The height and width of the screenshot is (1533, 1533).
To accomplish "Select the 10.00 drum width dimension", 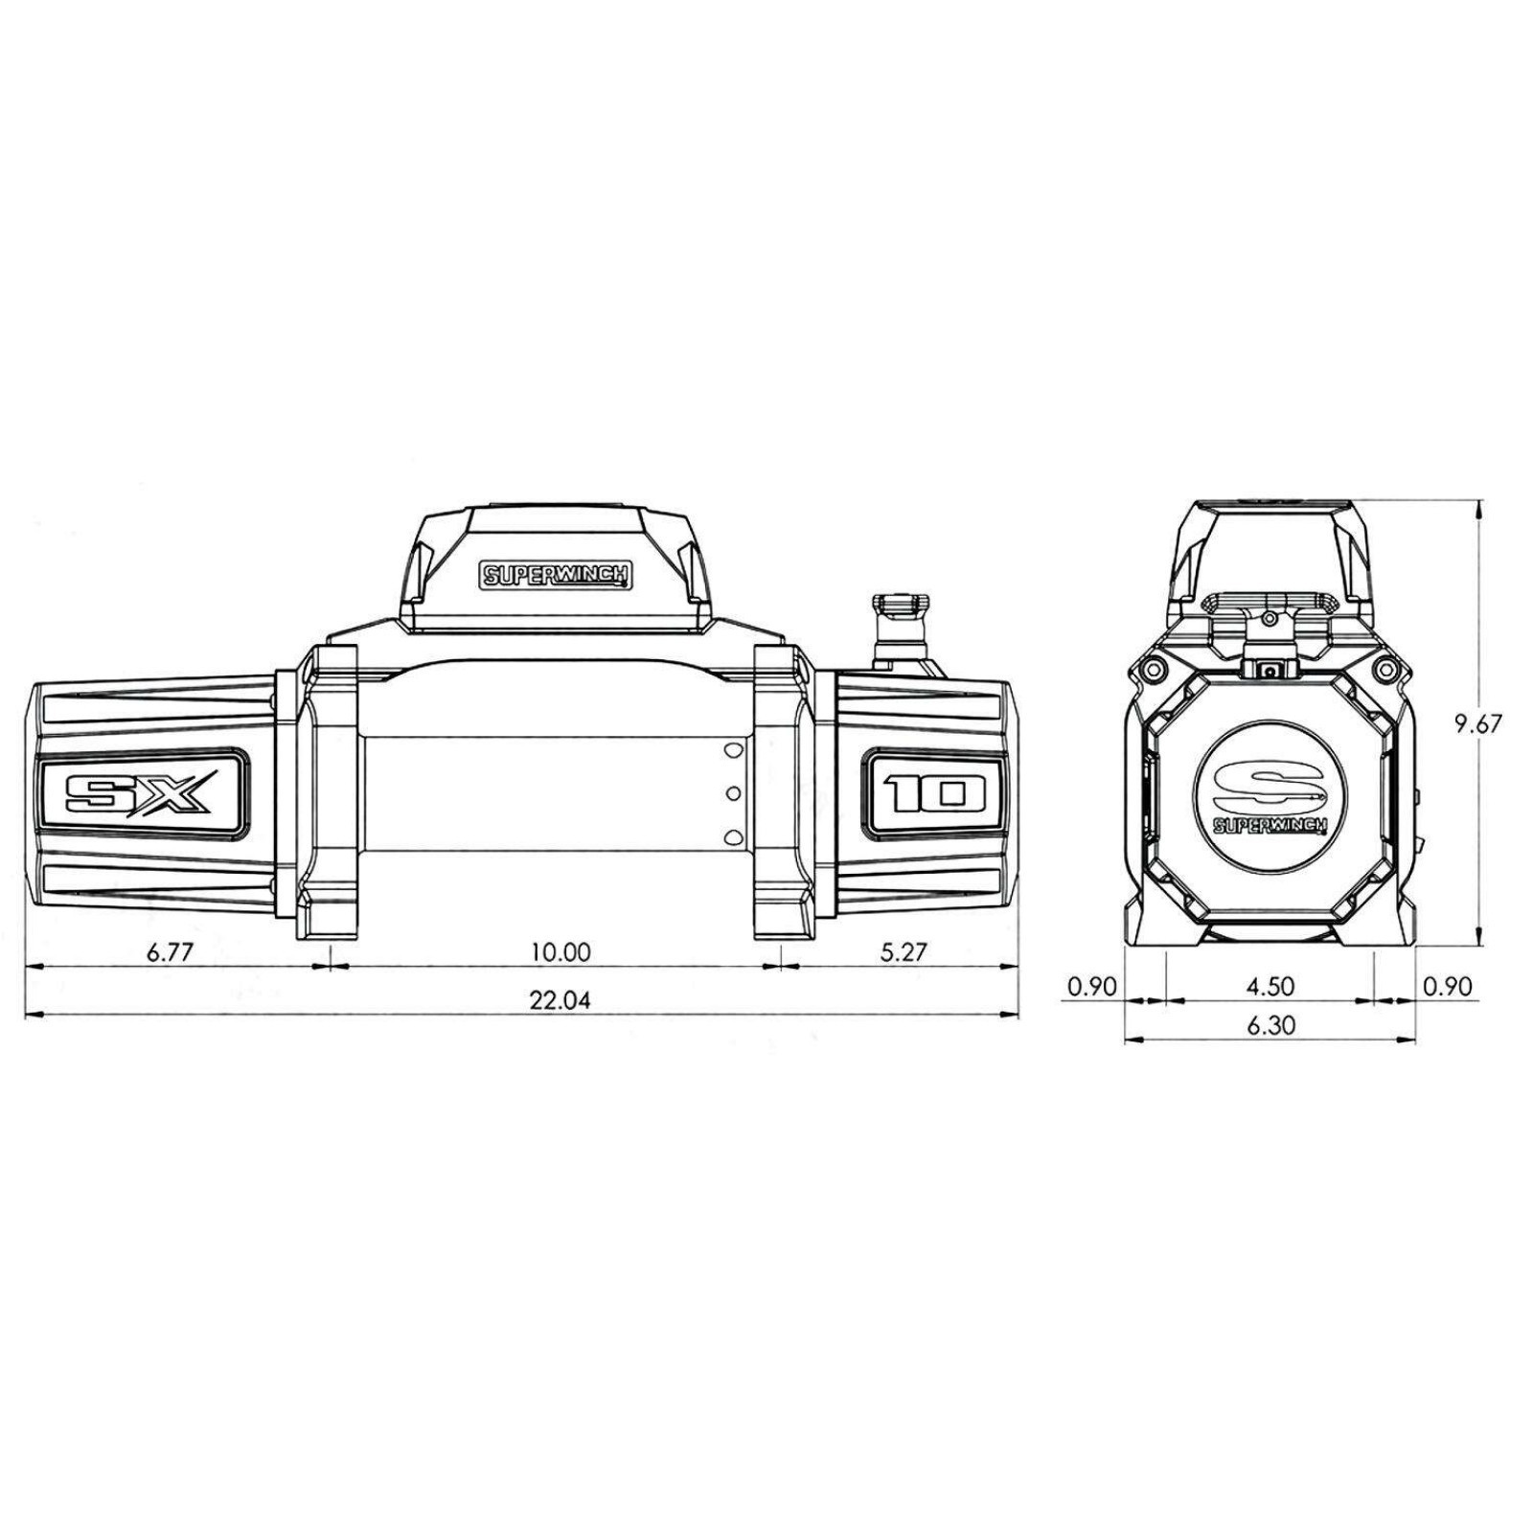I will coord(561,952).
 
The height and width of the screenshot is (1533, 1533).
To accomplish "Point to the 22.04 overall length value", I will coord(561,1001).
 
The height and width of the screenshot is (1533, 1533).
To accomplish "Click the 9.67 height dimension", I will coord(1476,722).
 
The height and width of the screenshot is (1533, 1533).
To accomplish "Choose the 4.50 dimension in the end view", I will coord(1271,986).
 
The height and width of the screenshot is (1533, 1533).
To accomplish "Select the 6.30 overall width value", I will coord(1271,1025).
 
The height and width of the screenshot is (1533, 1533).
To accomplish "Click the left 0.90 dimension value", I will coord(1092,986).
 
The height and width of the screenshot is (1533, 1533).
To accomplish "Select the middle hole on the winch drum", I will coord(734,791).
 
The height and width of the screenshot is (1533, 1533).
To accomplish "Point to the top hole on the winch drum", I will coord(734,749).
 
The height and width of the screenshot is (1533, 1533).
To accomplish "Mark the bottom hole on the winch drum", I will coord(734,835).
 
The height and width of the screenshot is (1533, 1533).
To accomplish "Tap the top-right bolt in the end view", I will coord(1383,667).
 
